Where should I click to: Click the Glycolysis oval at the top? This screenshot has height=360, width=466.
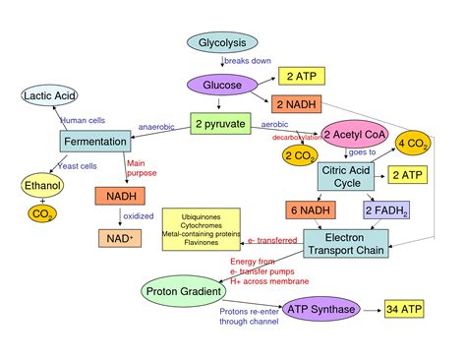pos(222,42)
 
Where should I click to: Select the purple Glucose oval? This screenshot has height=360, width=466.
pos(222,85)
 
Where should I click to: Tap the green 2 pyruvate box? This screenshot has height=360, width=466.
pos(221,126)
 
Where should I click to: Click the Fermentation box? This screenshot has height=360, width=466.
pos(95,141)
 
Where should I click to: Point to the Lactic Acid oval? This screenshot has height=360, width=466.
pos(50,95)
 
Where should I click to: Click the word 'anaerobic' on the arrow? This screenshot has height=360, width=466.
pos(155,127)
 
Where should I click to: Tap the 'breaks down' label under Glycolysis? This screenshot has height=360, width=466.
pos(247,62)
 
